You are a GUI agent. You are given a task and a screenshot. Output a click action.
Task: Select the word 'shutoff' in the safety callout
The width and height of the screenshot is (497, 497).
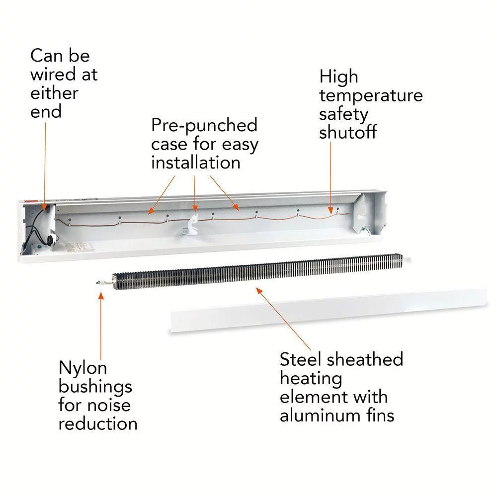[x=348, y=133]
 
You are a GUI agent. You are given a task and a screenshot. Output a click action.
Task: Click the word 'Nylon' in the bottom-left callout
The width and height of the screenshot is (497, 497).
[x=83, y=368]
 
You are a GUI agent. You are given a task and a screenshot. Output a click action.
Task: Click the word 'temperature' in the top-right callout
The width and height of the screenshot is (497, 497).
[x=371, y=95]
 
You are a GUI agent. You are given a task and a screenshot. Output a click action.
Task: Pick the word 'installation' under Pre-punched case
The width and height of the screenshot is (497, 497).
[x=196, y=163]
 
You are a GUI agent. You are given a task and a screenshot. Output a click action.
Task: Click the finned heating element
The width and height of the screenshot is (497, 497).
[x=258, y=272]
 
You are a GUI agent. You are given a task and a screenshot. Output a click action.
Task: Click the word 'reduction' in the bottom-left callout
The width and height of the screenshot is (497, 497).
[x=98, y=423]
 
